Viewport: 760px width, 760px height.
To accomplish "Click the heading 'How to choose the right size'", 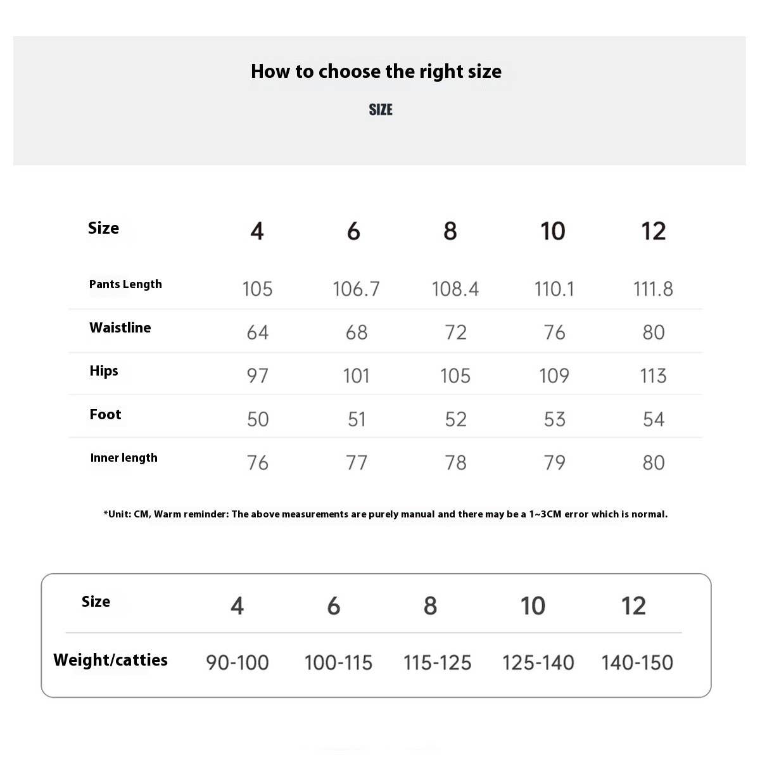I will click(376, 72).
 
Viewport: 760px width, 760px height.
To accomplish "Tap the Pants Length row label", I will click(125, 284).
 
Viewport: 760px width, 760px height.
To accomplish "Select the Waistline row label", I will click(120, 328).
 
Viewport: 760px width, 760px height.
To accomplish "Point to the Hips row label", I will click(104, 371).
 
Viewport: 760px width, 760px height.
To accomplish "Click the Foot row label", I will click(105, 415).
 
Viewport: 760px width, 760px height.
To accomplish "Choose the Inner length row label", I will click(123, 458).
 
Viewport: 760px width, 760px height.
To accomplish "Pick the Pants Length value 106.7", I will click(356, 289).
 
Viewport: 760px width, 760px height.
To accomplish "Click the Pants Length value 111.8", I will click(653, 289).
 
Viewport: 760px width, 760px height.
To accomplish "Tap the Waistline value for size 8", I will click(455, 332).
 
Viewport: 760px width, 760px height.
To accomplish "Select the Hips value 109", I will click(554, 376).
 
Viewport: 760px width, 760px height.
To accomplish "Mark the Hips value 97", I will click(257, 376).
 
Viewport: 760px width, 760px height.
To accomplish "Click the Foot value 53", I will click(554, 419).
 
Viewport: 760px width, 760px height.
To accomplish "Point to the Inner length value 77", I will click(356, 463).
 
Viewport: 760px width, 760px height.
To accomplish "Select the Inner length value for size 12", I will click(653, 463).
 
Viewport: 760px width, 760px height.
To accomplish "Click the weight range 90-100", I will click(237, 663).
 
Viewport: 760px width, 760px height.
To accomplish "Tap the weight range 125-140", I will click(538, 663).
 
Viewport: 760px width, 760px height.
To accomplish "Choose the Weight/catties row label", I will click(110, 661).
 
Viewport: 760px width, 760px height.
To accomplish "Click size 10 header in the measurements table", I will click(552, 231).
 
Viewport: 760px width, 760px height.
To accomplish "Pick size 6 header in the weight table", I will click(334, 606).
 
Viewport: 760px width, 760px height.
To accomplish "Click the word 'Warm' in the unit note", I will click(168, 514).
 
